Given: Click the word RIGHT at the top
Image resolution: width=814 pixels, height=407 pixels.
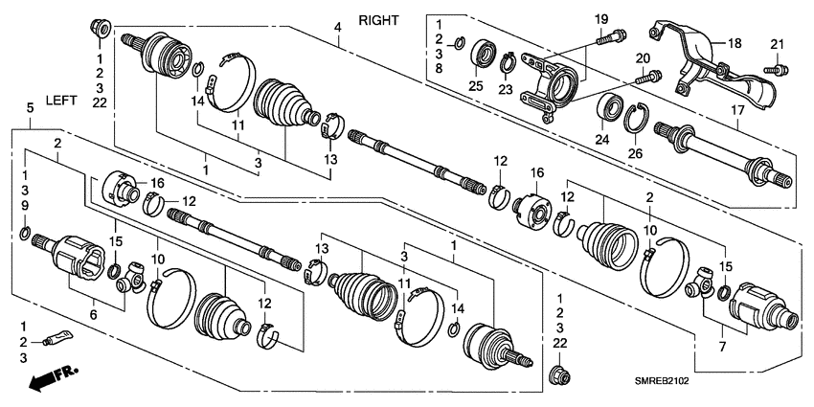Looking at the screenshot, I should [378, 20].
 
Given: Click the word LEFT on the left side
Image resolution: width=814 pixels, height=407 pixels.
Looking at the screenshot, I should [61, 100].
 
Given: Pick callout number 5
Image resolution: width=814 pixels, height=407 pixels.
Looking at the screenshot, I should [31, 110].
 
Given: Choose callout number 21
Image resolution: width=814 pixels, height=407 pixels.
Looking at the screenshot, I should [777, 44].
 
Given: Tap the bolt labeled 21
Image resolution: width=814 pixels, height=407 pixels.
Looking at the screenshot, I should [779, 68].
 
